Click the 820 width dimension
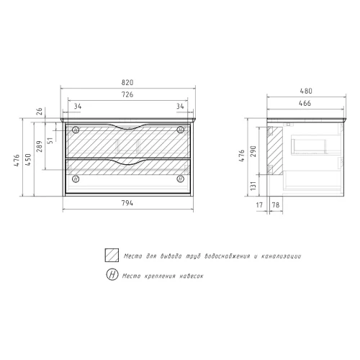point(127,83)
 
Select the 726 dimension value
point(127,94)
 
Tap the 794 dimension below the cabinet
point(127,203)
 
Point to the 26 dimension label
point(40,112)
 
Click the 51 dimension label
point(50,140)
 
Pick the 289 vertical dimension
point(40,146)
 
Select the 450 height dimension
point(28,160)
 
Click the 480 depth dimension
point(306,91)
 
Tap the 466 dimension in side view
point(305,103)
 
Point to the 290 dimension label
point(253,151)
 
